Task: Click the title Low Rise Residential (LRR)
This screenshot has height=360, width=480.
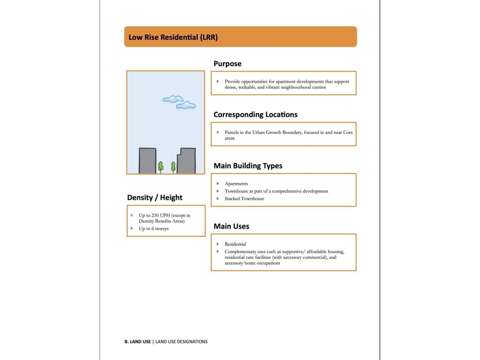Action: pos(173,37)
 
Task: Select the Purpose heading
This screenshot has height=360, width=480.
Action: pos(227,64)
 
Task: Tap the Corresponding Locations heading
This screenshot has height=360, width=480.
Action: pos(255,115)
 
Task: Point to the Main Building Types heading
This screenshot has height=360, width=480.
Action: pos(248,166)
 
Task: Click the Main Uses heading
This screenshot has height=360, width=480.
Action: pos(231,226)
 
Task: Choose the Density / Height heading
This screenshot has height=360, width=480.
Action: pos(154,197)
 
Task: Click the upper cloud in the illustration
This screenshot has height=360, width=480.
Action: pos(173,99)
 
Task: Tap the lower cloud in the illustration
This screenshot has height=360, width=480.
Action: pos(186,105)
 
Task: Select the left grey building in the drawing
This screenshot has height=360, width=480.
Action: pos(147,161)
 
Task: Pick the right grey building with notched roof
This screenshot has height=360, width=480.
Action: pos(187,161)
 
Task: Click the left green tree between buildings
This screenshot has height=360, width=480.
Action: pos(161,166)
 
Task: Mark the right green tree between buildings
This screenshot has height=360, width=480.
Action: pos(173,166)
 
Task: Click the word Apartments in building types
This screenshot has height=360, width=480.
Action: pos(236,184)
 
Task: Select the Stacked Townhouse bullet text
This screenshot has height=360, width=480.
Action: pos(244,199)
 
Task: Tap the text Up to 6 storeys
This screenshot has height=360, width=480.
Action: pos(154,229)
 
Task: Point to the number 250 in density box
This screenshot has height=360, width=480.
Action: pos(155,215)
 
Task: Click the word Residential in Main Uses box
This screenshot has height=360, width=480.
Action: pos(235,244)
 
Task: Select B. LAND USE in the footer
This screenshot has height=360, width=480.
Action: pos(138,342)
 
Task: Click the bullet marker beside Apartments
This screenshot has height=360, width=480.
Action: pos(217,184)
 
